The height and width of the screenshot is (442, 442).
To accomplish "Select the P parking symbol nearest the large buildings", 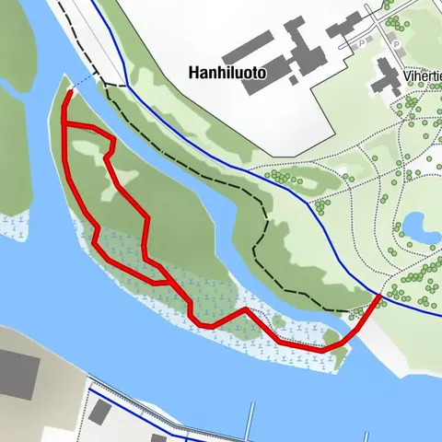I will pos(362,42).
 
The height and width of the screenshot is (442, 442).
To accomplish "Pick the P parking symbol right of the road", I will pos(397,42).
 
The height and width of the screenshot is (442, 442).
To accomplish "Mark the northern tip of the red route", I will pos(70,92).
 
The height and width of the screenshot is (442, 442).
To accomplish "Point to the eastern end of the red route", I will pos(380,296).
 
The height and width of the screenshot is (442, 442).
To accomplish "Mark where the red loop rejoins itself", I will pos(167,282).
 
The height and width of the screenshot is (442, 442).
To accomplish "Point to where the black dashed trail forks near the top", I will pos(102,84).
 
